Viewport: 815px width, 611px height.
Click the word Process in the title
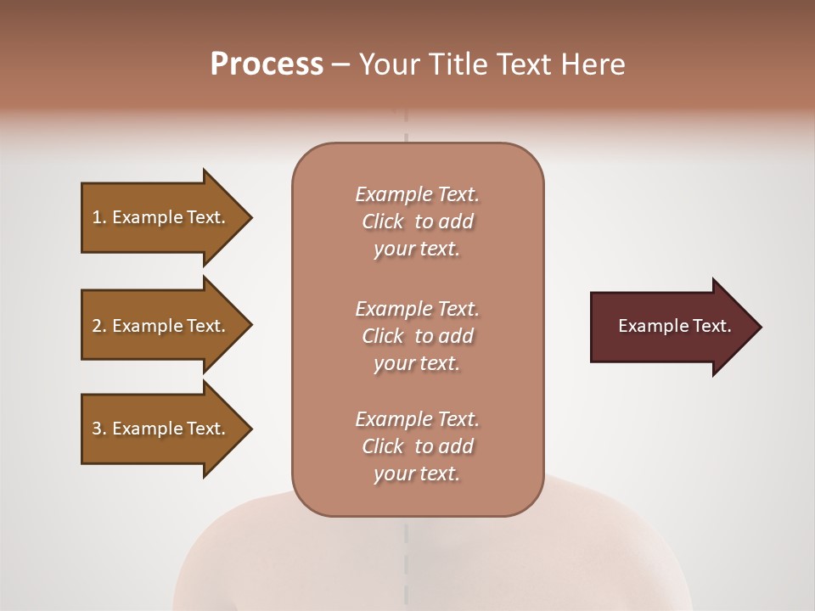coord(267,64)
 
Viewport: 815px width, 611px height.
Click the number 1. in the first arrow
coord(99,217)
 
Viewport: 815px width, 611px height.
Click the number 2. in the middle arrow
coord(99,326)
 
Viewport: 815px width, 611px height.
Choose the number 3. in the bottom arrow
coord(99,429)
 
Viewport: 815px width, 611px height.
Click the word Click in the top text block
coord(383,222)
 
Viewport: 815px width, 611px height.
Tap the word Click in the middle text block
coord(383,336)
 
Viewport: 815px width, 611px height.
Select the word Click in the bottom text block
coord(383,446)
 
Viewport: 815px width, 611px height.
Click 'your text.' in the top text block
coord(417,249)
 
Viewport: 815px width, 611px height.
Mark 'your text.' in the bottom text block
coord(417,474)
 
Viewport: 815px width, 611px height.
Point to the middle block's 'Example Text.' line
coord(417,308)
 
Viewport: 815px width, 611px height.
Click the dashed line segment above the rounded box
coord(407,127)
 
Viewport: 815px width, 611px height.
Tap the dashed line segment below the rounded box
coord(407,543)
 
